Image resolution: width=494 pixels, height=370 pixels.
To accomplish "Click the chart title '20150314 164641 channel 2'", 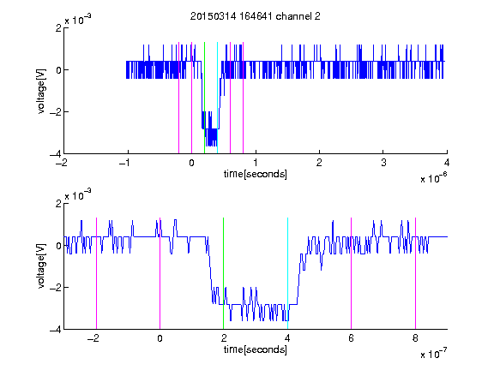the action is coord(256,16).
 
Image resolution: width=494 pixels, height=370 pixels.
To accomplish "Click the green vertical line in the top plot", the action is coord(204,98).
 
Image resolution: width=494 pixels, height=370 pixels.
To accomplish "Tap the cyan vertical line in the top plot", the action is coord(217,98).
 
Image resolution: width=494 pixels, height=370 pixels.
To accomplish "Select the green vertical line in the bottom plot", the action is coord(223,273).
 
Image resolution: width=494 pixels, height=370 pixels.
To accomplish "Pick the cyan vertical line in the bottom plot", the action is coord(287,273).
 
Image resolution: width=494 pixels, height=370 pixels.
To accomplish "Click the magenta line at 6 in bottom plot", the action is coord(352,273).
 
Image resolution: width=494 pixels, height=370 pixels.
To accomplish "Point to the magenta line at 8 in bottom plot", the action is coord(415,273).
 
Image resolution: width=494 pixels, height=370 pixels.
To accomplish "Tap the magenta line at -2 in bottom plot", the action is coord(96,273).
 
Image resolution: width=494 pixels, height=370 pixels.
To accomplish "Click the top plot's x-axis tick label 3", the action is coord(383,163).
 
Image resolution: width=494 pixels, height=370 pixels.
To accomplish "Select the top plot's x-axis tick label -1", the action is coord(125,163).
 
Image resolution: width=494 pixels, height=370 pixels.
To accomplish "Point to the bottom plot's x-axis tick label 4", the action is coord(287,338).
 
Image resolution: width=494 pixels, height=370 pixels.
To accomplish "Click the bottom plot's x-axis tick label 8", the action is coord(415,338).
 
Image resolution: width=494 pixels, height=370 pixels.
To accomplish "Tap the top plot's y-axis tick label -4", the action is coord(56,154).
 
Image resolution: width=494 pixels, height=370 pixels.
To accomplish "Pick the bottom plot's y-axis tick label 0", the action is coord(58,246).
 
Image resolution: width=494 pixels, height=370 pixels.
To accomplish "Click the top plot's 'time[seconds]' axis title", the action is coord(256,174).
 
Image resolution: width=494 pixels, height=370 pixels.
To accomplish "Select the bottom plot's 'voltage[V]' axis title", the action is coord(41,266).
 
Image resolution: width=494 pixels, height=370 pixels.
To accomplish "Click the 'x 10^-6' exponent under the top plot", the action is coord(433,178).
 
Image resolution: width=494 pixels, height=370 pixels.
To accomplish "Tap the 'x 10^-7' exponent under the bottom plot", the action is coord(433,354).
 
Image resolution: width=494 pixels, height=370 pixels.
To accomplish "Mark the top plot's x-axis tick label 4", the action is coord(447,163).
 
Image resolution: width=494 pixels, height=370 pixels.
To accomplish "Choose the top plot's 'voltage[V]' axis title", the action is coord(41,92).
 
